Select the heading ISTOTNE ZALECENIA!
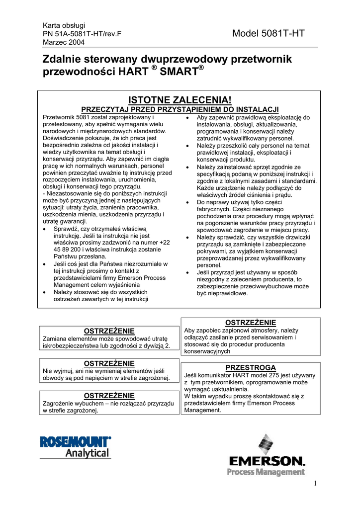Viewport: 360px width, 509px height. [180, 100]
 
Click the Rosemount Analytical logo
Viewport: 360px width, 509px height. [76, 446]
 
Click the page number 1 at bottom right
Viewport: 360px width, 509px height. [315, 484]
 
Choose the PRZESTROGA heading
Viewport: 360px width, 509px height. [250, 367]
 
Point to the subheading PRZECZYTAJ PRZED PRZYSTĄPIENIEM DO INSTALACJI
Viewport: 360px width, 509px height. [180, 109]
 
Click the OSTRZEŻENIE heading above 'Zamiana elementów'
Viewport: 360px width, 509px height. [109, 331]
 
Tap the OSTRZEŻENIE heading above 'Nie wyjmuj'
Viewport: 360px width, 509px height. [109, 363]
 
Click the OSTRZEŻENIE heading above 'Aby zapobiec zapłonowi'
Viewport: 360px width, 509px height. [250, 323]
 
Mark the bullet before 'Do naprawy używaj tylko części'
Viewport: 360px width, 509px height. [186, 203]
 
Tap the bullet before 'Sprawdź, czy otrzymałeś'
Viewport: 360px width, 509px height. [46, 229]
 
